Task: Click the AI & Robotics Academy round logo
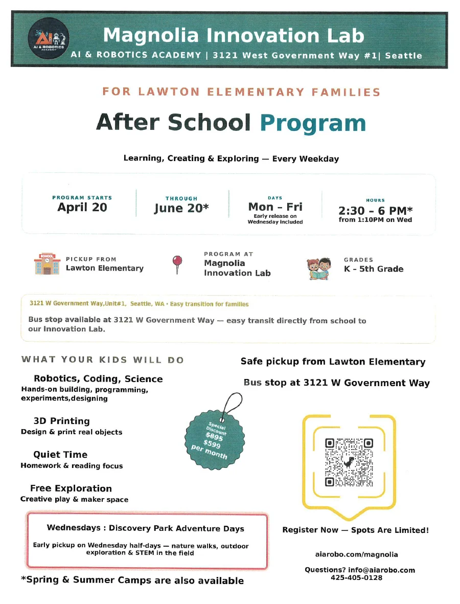pos(49,40)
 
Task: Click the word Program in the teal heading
pos(313,123)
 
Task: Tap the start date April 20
pos(82,207)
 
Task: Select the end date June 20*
pos(181,208)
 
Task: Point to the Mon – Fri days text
pos(275,207)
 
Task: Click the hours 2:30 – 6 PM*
pos(375,210)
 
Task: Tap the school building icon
pos(47,264)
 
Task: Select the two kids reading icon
pos(320,269)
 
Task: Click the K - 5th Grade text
pos(373,269)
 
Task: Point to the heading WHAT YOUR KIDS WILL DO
pos(102,360)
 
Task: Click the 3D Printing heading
pos(61,421)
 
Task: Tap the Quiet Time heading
pos(60,455)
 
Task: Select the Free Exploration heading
pos(71,488)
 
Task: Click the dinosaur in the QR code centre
pos(349,462)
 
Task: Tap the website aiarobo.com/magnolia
pos(356,554)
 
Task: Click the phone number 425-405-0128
pos(356,578)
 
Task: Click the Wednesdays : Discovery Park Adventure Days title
pos(146,528)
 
